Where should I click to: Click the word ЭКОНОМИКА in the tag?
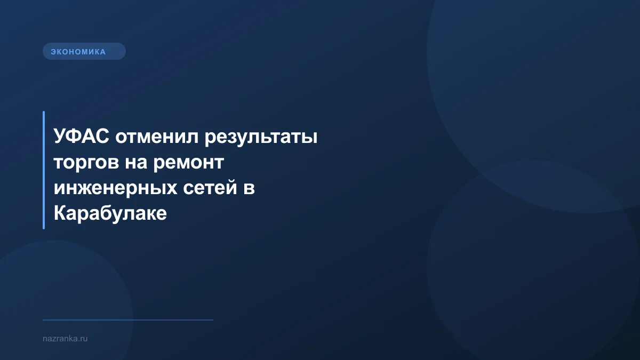point(78,52)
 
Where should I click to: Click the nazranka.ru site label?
point(65,338)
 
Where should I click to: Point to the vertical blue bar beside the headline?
point(44,170)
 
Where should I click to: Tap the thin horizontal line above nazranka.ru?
point(128,320)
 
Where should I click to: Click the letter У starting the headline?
point(59,137)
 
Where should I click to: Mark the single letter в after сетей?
point(250,188)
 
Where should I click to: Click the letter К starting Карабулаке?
point(60,214)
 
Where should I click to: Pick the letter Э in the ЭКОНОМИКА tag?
point(53,52)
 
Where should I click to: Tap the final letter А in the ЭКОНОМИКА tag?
point(103,52)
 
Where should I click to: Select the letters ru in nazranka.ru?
point(83,338)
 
